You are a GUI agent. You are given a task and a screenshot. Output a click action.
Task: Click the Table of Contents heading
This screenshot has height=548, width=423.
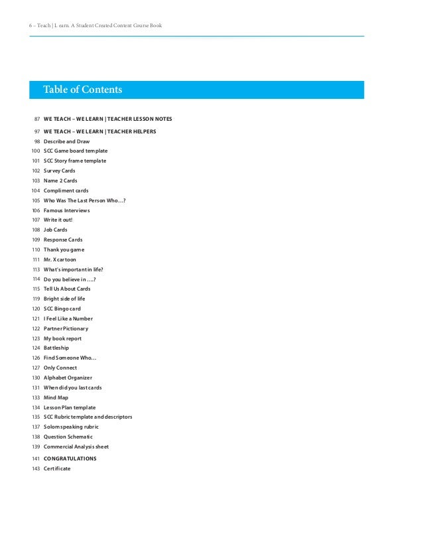pos(83,90)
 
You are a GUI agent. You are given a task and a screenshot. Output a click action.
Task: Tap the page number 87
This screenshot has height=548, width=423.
pos(37,119)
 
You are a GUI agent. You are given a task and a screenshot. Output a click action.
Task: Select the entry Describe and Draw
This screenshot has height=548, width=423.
pos(66,141)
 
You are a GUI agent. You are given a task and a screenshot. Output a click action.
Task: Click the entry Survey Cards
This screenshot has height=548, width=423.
pos(60,171)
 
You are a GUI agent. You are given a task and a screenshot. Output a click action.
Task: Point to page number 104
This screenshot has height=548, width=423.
pos(36,190)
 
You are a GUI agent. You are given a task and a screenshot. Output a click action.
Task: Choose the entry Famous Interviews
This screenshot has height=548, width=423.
pos(66,210)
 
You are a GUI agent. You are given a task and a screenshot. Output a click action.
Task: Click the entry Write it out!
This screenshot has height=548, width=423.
pos(58,220)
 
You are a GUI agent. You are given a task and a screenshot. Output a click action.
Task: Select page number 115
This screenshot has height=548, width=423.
pos(36,289)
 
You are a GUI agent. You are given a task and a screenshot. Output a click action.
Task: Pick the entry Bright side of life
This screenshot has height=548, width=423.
pos(64,299)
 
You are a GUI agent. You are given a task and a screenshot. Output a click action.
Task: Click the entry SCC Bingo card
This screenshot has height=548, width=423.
pos(62,308)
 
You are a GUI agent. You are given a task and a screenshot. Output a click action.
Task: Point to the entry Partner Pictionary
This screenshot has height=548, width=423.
pos(66,328)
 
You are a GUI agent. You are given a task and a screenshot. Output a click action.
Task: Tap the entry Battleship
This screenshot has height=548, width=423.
pos(56,348)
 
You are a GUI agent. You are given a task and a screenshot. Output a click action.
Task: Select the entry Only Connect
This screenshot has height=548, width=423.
pos(60,368)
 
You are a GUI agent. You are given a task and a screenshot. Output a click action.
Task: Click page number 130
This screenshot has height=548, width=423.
pos(36,377)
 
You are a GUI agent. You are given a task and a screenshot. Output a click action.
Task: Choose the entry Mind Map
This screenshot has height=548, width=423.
pos(56,397)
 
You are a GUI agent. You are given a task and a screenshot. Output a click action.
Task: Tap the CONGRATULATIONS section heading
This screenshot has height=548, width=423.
pos(70,458)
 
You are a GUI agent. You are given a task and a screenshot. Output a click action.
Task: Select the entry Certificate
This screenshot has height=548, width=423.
pos(57,468)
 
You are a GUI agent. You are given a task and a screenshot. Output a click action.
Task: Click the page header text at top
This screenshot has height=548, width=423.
pos(95,25)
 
